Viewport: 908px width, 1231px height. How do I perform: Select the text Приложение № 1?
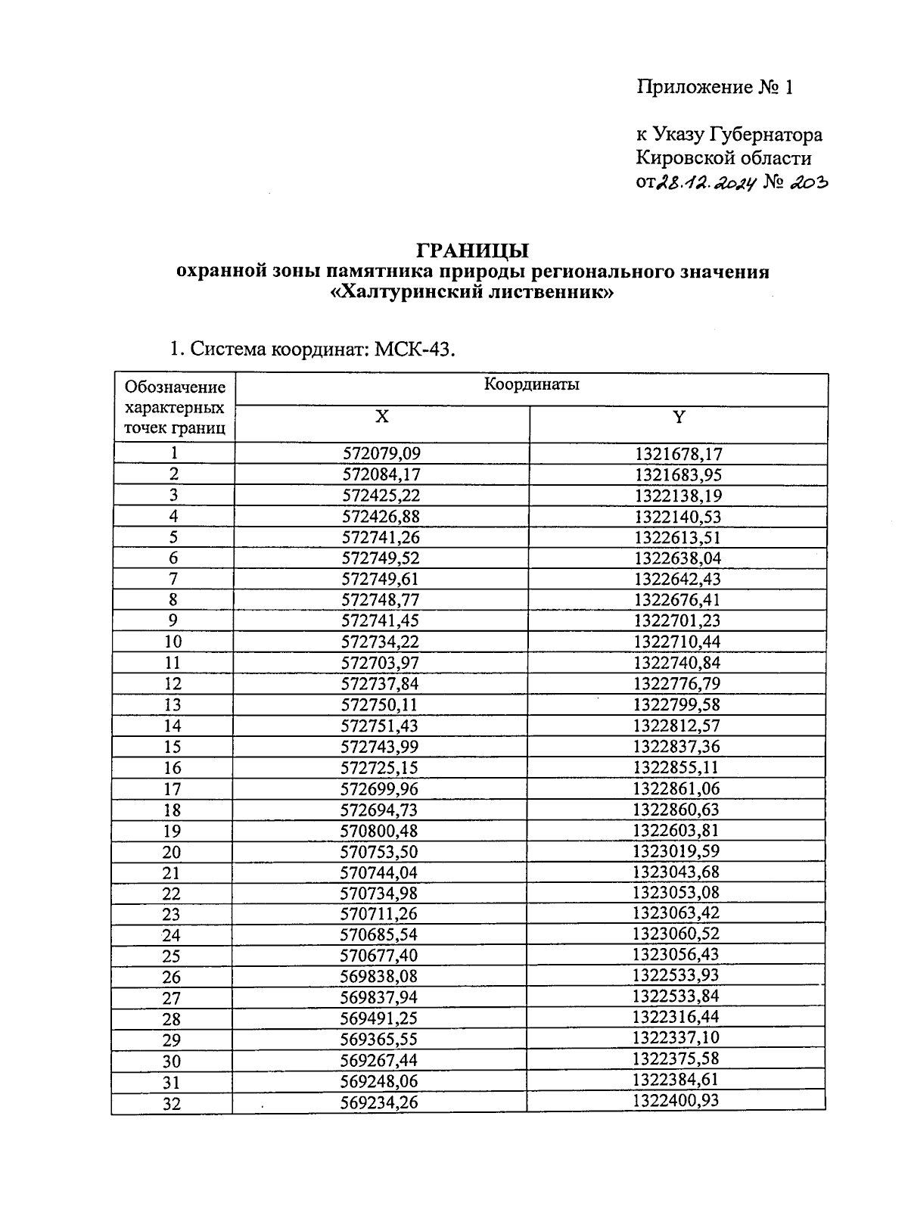click(714, 88)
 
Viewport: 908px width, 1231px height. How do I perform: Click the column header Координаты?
click(531, 384)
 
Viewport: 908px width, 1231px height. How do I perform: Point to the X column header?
click(382, 417)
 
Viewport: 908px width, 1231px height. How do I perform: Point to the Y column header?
click(679, 417)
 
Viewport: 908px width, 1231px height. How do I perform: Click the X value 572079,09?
click(381, 454)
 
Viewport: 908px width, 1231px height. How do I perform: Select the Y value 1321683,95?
click(678, 475)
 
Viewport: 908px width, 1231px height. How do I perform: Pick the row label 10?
click(173, 642)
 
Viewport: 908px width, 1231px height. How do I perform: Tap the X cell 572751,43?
click(381, 726)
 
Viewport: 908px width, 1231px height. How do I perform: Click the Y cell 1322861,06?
click(677, 788)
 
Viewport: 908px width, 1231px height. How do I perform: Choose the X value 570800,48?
click(380, 831)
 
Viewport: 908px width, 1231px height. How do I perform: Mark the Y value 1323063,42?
click(676, 913)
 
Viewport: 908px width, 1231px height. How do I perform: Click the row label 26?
click(172, 977)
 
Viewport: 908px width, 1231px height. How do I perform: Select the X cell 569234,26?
click(379, 1102)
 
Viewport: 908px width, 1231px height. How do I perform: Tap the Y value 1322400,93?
click(676, 1100)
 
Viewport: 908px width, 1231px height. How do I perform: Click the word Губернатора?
click(765, 135)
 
